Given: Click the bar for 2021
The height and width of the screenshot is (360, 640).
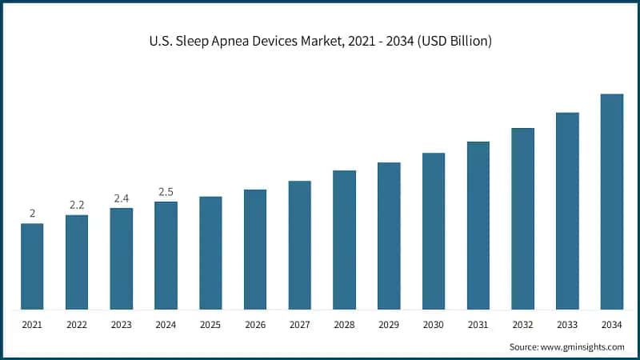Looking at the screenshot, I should tap(32, 266).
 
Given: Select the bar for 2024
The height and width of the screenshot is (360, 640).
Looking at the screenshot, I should tap(166, 255).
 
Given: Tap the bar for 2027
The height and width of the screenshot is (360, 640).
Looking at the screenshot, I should tap(299, 245).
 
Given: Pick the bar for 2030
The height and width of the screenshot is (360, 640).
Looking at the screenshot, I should tap(434, 231).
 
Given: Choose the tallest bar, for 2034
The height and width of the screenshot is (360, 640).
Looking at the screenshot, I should tap(612, 202).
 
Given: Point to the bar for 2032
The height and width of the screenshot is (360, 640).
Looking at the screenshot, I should tap(522, 218).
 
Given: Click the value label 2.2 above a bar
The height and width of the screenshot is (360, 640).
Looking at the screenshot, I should tap(77, 206).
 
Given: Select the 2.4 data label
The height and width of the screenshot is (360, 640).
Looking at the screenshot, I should tap(121, 198).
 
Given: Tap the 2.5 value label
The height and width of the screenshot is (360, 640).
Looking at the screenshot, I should tap(166, 192).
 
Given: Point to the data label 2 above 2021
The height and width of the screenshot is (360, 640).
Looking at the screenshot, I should tap(32, 214).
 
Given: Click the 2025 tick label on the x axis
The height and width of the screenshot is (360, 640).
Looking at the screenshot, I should tap(210, 325).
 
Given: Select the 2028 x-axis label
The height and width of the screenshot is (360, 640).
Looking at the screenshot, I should tap(344, 325).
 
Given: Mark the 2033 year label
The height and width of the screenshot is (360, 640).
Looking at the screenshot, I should tap(567, 325).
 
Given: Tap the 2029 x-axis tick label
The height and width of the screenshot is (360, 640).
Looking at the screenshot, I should tap(389, 325).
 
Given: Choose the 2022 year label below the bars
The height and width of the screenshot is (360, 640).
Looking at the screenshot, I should tap(77, 325).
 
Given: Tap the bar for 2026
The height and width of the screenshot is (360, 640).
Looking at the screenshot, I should tap(255, 250).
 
